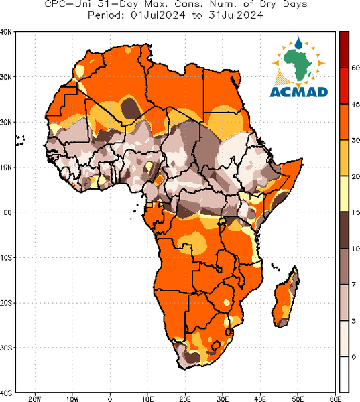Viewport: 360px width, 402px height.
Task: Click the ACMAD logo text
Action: (x=299, y=92)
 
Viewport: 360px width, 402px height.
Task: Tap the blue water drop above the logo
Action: (x=298, y=43)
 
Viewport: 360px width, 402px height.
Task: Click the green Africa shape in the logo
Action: (x=298, y=64)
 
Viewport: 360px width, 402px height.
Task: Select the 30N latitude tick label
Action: (x=5, y=77)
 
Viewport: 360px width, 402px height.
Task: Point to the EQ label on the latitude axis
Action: (x=7, y=212)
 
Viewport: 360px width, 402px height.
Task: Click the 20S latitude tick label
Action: (x=5, y=303)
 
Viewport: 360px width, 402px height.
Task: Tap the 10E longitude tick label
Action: (x=147, y=399)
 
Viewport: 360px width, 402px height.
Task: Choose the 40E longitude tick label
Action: (x=260, y=399)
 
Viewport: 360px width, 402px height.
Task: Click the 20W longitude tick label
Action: (x=35, y=399)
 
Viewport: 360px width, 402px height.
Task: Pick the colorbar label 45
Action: (x=355, y=105)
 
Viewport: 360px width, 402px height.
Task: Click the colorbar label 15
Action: (x=355, y=212)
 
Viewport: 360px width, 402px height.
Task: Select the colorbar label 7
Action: (x=354, y=285)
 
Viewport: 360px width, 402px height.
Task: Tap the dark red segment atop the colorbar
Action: (x=344, y=50)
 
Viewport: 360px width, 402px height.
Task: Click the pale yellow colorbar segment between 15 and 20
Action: (x=344, y=194)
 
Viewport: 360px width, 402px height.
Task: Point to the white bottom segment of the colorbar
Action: (x=344, y=375)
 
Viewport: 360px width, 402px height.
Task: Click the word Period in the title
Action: (x=106, y=15)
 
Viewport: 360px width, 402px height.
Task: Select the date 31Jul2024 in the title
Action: (x=236, y=15)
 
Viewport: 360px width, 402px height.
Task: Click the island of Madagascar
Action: (x=286, y=297)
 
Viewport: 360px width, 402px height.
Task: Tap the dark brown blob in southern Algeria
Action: (x=131, y=109)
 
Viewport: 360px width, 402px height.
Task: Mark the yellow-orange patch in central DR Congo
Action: (x=192, y=243)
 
